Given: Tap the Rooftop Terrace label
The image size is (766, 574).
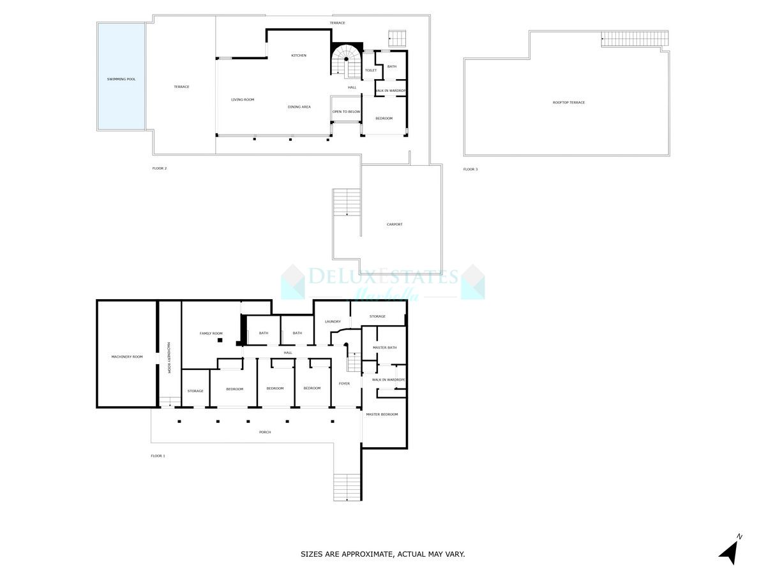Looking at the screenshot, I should [568, 103].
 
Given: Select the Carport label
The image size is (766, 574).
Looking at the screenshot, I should [394, 224].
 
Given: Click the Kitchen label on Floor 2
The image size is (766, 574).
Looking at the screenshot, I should [299, 55].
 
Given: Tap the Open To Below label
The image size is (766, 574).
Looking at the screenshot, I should [346, 112].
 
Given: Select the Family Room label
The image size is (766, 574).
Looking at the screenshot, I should [211, 334].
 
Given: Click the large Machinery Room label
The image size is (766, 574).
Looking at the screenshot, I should [126, 357].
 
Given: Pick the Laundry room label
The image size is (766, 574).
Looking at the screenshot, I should [333, 321].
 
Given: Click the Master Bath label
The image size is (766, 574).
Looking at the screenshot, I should [384, 348].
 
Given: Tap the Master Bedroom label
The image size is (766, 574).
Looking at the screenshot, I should [382, 415].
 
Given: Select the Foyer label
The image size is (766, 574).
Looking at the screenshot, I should [344, 383].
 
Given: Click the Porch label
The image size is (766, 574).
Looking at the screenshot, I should [265, 432].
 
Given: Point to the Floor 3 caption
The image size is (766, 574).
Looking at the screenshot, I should [470, 169].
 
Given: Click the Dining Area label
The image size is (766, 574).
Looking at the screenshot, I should [299, 107].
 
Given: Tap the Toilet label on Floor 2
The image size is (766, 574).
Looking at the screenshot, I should [370, 70].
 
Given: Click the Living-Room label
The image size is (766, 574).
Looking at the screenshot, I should [243, 99].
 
